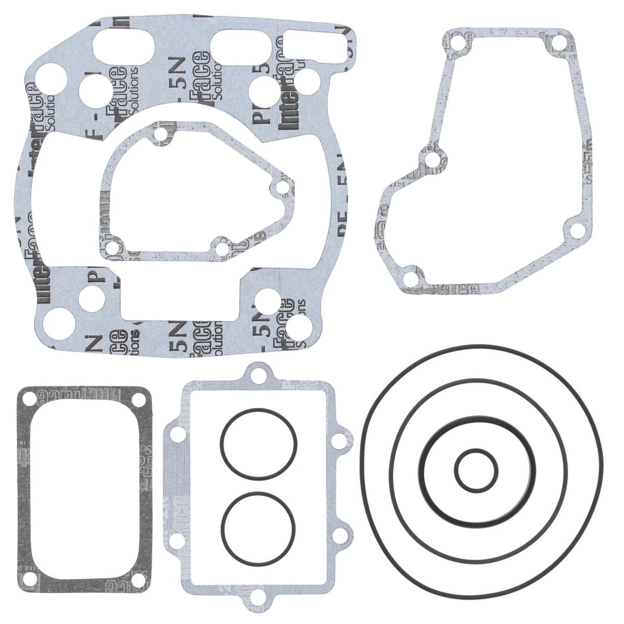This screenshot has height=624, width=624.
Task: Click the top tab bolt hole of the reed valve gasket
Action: click(256, 374)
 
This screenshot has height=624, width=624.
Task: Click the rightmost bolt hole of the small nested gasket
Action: click(281, 187)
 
